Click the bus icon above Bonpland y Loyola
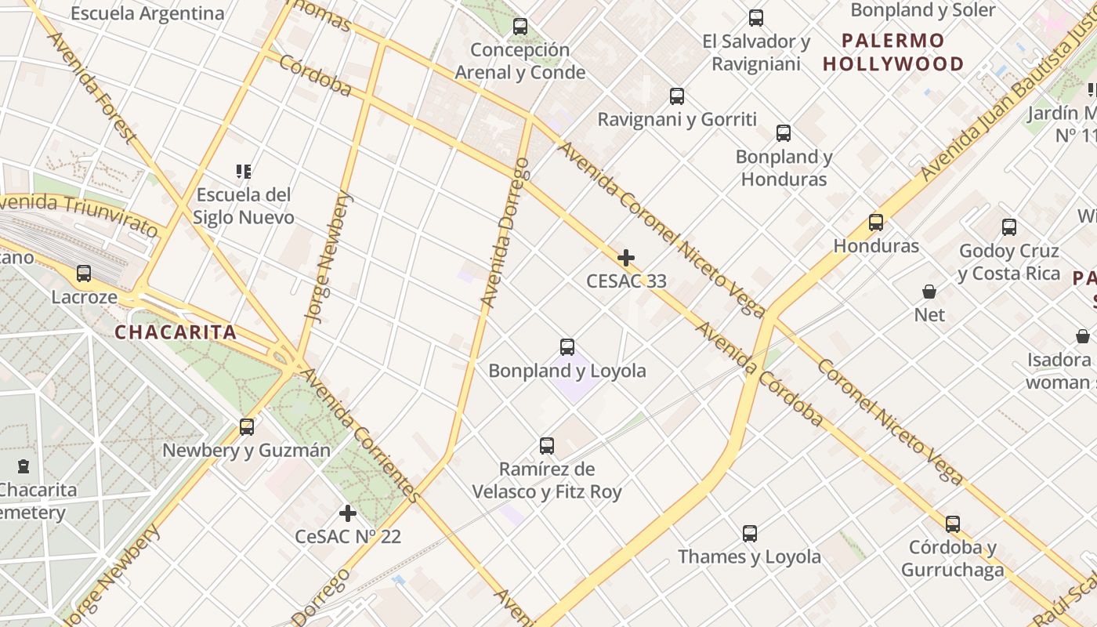tap(567, 346)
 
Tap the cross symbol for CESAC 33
tap(626, 257)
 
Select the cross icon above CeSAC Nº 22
tap(348, 513)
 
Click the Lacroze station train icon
tap(84, 274)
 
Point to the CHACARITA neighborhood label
tap(176, 332)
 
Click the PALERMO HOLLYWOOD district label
tap(893, 52)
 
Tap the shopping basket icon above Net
tap(929, 292)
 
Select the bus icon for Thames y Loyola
tap(750, 534)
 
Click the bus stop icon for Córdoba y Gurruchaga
tap(953, 524)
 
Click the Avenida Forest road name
tap(92, 88)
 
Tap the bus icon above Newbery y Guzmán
tap(247, 427)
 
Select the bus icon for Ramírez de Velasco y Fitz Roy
tap(547, 446)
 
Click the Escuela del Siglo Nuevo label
tap(244, 206)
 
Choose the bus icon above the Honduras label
tap(876, 223)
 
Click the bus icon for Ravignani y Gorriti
tap(677, 96)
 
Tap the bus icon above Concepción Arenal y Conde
tap(520, 27)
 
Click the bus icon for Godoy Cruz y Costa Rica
tap(1009, 228)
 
